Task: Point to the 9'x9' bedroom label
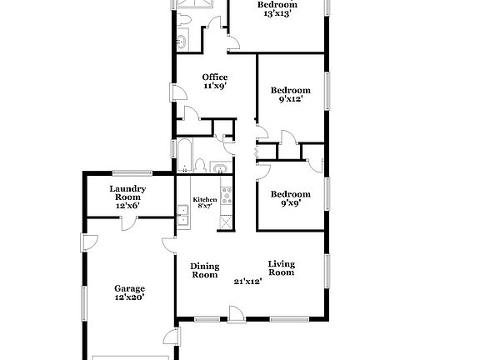pos(291,201)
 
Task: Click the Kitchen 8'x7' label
pos(205,202)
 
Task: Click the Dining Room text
pos(205,270)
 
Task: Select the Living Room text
pos(281,268)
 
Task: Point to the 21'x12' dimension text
pos(248,282)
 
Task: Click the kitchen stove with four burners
pos(227,198)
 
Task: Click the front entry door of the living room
pos(237,315)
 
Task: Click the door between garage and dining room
pos(168,245)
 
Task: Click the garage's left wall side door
pos(87,242)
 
